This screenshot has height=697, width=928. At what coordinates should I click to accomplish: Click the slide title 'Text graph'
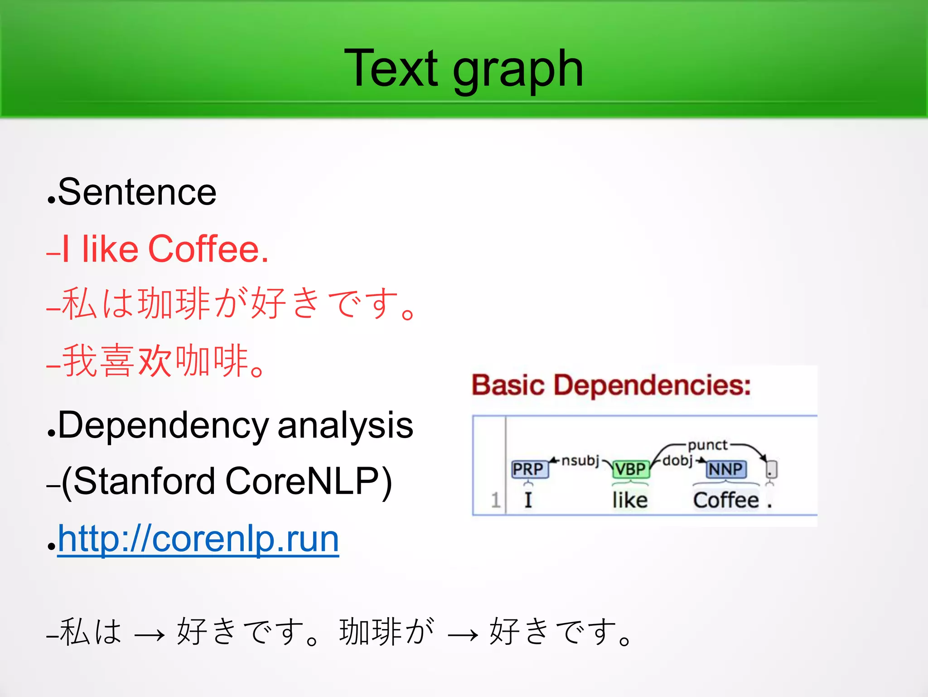click(464, 69)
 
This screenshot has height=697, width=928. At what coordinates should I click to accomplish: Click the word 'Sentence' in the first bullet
click(137, 192)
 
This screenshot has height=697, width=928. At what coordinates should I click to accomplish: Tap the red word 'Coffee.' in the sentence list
click(208, 249)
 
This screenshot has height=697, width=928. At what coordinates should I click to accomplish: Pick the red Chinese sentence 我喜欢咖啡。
click(163, 361)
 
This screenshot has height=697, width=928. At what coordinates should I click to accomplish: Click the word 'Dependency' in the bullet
click(163, 425)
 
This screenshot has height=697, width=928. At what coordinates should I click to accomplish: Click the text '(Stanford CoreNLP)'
click(227, 482)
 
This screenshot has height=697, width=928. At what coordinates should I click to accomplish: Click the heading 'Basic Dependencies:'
click(611, 385)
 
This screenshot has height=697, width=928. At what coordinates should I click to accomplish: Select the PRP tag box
click(528, 469)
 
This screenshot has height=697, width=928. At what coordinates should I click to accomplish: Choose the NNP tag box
click(725, 469)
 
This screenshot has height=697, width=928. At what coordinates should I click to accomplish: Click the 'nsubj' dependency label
click(580, 461)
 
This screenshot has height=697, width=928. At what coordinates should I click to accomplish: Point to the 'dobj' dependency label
click(677, 461)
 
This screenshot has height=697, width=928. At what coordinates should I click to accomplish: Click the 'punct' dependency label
click(708, 445)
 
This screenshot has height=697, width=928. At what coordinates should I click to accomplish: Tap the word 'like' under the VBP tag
click(630, 500)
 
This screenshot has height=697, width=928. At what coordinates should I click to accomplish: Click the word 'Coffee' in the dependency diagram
click(725, 500)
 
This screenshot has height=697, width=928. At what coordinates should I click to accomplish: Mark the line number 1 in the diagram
click(495, 500)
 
